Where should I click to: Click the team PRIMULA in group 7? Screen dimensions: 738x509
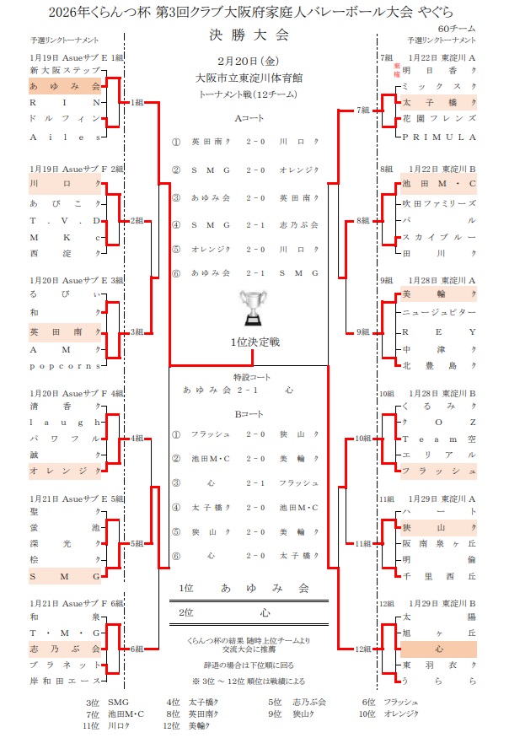pyautogui.click(x=439, y=136)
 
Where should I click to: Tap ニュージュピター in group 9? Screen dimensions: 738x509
pyautogui.click(x=439, y=311)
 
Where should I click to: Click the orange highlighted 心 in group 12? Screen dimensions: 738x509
pyautogui.click(x=439, y=649)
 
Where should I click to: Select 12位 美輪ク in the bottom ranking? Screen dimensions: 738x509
pyautogui.click(x=186, y=725)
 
